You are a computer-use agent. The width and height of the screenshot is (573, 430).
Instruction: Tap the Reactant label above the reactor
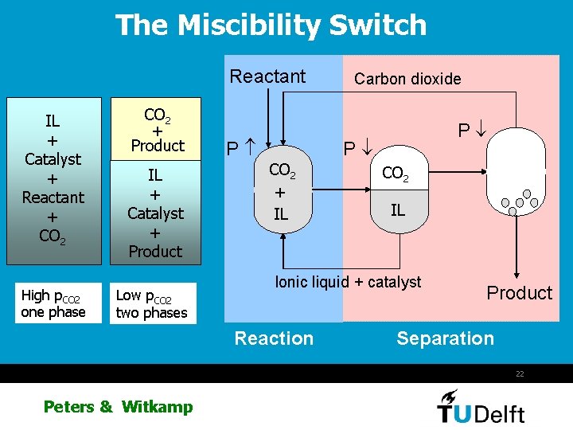[x=267, y=76]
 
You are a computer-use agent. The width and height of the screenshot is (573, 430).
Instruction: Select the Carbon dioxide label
[x=407, y=78]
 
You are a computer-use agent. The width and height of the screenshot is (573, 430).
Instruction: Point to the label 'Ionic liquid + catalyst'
[x=348, y=282]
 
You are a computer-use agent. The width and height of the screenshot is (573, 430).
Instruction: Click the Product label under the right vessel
[x=519, y=293]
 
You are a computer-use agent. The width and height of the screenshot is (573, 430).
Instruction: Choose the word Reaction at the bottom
[x=274, y=338]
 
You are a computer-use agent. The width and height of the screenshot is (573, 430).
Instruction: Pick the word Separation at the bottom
[x=445, y=338]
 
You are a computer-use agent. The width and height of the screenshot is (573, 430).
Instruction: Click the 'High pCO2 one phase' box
[x=53, y=303]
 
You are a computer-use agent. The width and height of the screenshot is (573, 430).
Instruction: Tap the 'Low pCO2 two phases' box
[x=151, y=303]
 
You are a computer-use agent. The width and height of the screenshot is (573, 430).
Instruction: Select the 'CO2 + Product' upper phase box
[x=157, y=130]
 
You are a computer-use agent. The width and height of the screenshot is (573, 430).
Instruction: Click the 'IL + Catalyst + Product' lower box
[x=155, y=213]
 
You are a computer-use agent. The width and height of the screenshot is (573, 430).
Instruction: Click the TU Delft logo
[x=481, y=406]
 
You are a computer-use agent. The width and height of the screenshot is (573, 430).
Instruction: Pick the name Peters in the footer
[x=69, y=407]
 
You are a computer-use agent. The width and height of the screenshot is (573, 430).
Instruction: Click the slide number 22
[x=519, y=373]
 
